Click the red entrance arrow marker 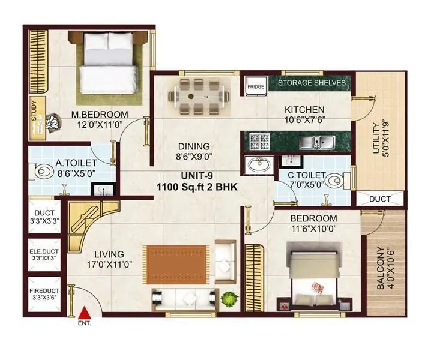coord(86,311)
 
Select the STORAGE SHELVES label coord(311,83)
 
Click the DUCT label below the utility coord(379,199)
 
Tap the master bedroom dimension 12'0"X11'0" coord(100,125)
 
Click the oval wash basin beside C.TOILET coord(260,164)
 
